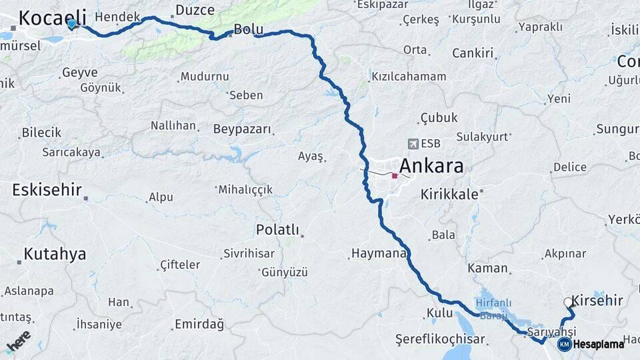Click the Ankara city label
pyautogui.click(x=431, y=167)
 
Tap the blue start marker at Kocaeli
pyautogui.click(x=72, y=24)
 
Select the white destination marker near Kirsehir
pyautogui.click(x=568, y=303)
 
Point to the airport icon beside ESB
pyautogui.click(x=413, y=144)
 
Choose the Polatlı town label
pyautogui.click(x=277, y=230)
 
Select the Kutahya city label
pyautogui.click(x=55, y=254)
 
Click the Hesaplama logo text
pyautogui.click(x=598, y=344)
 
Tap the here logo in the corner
pyautogui.click(x=19, y=341)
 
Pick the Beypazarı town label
pyautogui.click(x=243, y=129)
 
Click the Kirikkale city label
pyautogui.click(x=449, y=195)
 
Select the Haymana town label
pyautogui.click(x=378, y=253)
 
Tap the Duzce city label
pyautogui.click(x=195, y=10)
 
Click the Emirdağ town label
pyautogui.click(x=199, y=325)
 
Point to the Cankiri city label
pyautogui.click(x=472, y=53)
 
